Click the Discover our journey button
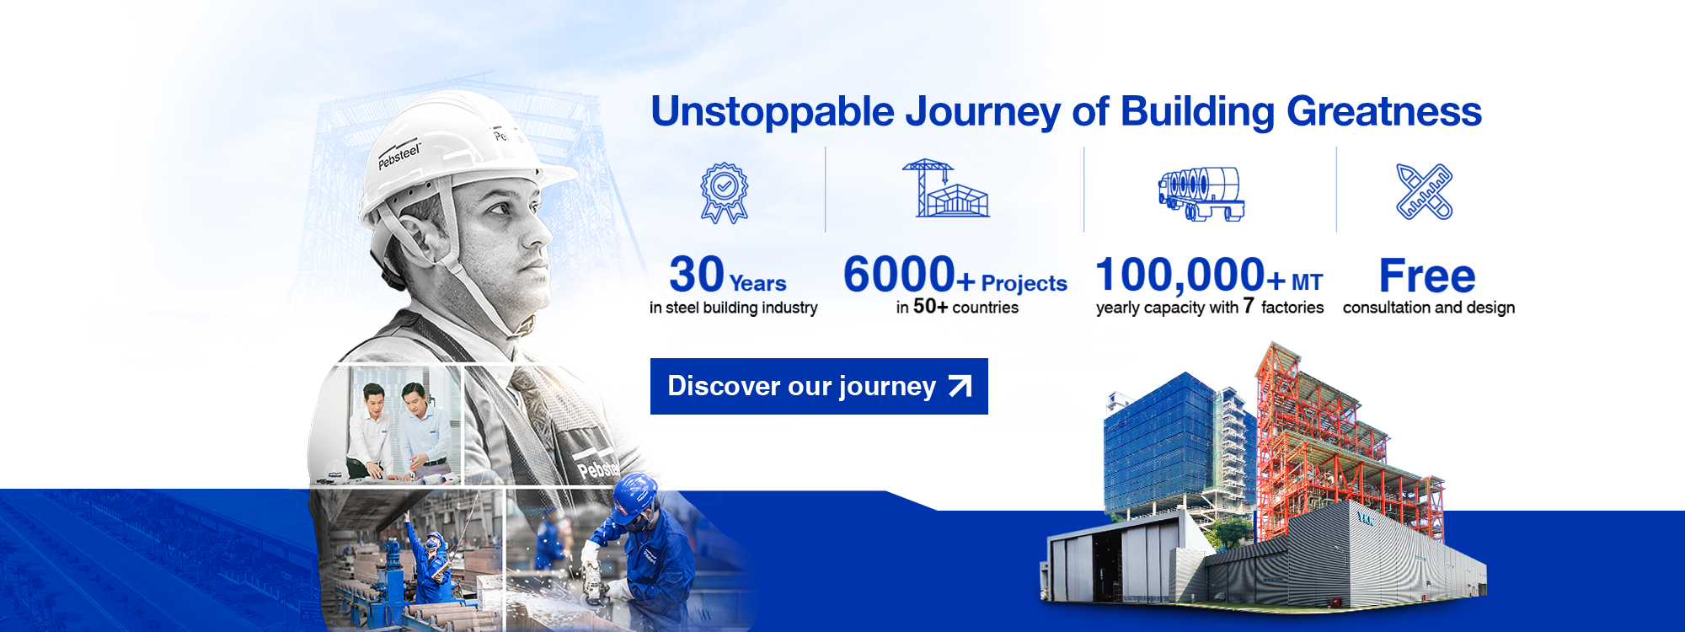point(819,386)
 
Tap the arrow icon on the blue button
point(960,386)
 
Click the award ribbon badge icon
point(725,193)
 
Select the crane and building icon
point(945,188)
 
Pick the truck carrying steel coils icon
point(1201,193)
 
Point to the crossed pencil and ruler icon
point(1424,191)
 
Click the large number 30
point(697,274)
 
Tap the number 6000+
point(909,275)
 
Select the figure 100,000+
point(1190,275)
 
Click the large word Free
point(1427,276)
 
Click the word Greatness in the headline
point(1384,112)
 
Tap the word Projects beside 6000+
point(1024,284)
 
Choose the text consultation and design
point(1429,308)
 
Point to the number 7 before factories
point(1249,305)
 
